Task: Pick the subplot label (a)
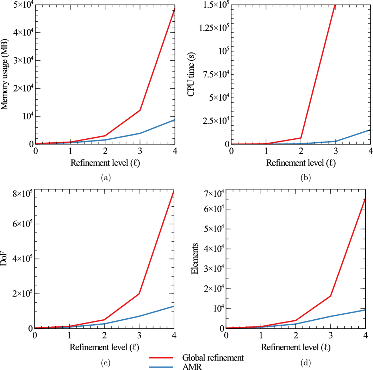click(105, 178)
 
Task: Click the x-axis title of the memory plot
click(105, 163)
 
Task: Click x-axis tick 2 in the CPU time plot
click(300, 150)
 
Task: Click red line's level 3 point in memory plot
click(140, 110)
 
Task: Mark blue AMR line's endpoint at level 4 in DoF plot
click(174, 306)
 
